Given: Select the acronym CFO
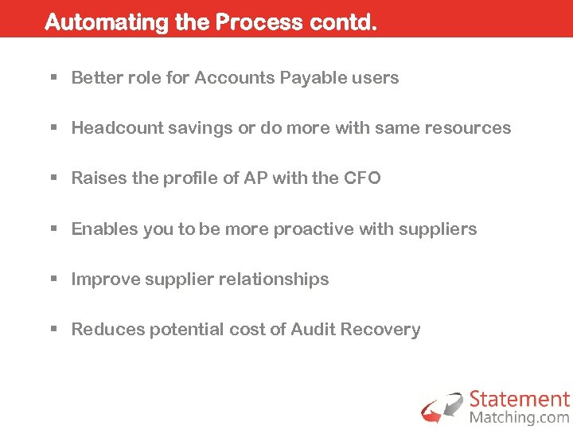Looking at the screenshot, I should coord(362,178).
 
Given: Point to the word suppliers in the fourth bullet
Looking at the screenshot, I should coord(439,229).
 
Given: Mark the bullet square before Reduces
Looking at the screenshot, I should coord(54,330).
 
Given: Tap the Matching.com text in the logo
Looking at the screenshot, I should coord(519,417).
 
